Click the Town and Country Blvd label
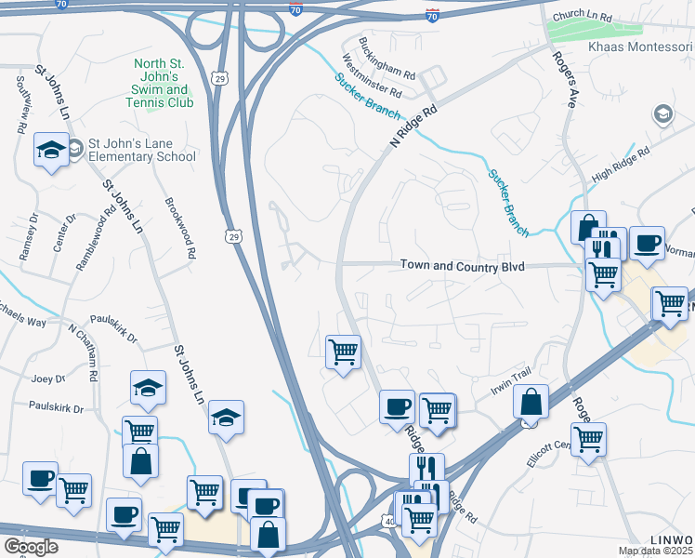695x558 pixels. [462, 266]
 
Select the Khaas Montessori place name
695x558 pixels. [641, 47]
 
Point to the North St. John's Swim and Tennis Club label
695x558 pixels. [162, 84]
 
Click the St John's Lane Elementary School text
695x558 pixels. [141, 151]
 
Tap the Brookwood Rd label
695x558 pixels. [180, 228]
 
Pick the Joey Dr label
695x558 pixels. [47, 379]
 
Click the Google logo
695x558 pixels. [31, 547]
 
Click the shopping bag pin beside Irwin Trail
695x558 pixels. [531, 402]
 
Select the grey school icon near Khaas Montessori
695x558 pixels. [662, 113]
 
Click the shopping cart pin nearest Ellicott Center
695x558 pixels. [588, 439]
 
